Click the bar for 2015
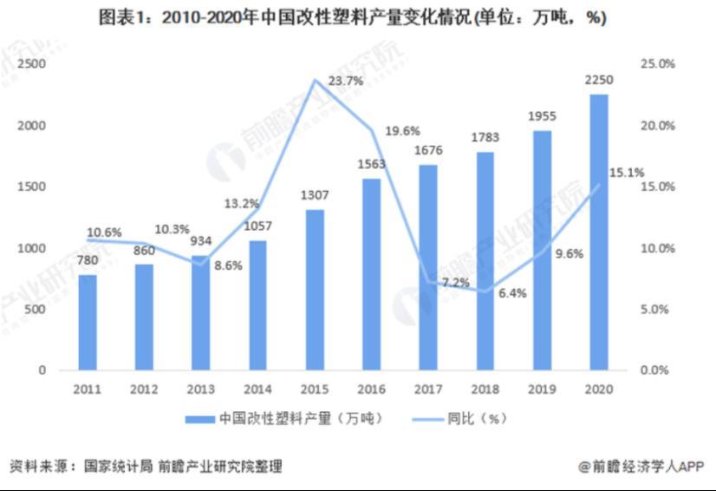point(315,290)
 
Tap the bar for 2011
point(88,322)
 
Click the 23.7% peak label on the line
point(346,81)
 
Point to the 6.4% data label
point(512,293)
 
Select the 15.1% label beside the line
point(627,173)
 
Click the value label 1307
point(315,195)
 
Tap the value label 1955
point(542,116)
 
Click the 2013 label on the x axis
point(201,390)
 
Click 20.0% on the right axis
point(656,126)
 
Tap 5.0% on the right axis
point(659,310)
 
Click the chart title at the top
point(357,18)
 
